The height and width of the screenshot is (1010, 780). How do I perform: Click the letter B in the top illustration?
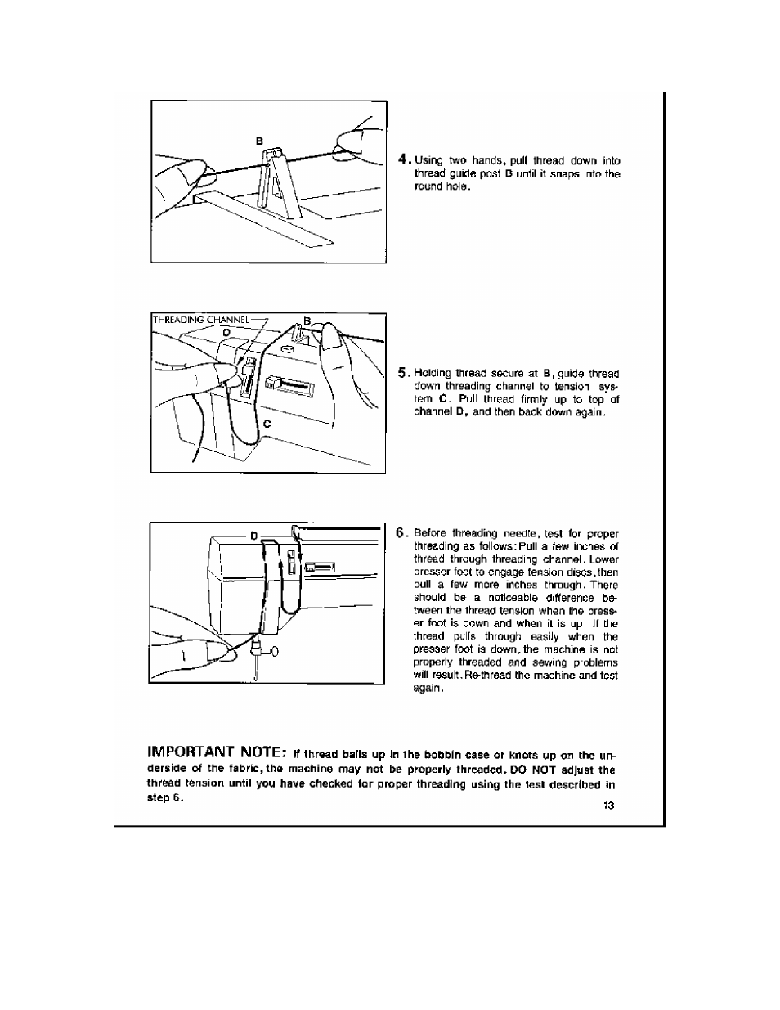pyautogui.click(x=260, y=141)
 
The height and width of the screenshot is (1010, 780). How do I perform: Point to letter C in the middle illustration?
pyautogui.click(x=267, y=424)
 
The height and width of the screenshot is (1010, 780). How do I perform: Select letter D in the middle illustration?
pyautogui.click(x=226, y=331)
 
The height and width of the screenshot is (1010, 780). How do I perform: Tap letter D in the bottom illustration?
pyautogui.click(x=253, y=535)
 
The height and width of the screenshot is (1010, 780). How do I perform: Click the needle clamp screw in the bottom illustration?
pyautogui.click(x=273, y=651)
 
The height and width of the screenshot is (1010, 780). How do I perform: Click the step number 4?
pyautogui.click(x=402, y=159)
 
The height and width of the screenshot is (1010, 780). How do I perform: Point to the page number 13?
pyautogui.click(x=608, y=806)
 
